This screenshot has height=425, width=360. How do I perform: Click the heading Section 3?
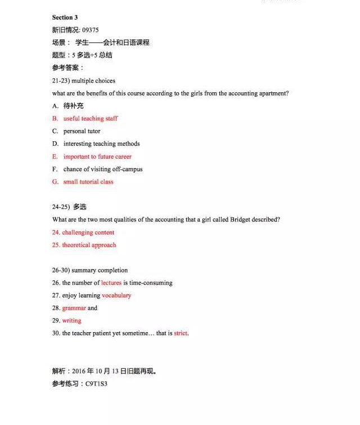point(65,17)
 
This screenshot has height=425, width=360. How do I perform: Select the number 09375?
point(90,30)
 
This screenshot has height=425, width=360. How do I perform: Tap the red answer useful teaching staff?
point(91,118)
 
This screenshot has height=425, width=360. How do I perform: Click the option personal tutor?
point(82,131)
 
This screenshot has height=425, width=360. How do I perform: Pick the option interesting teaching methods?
point(101,144)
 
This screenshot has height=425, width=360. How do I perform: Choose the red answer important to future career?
point(97,156)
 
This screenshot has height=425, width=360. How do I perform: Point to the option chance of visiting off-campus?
point(103,169)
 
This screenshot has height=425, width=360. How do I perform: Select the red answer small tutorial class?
point(88,182)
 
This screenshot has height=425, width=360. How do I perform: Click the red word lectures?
point(111,283)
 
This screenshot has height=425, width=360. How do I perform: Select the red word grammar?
point(74,308)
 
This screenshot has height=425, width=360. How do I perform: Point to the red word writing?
point(72,320)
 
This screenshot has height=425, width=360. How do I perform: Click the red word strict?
point(181,333)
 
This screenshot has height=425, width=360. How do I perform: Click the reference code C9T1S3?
point(96,383)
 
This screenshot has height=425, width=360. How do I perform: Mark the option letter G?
point(55,182)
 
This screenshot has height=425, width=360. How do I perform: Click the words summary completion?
point(100,270)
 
